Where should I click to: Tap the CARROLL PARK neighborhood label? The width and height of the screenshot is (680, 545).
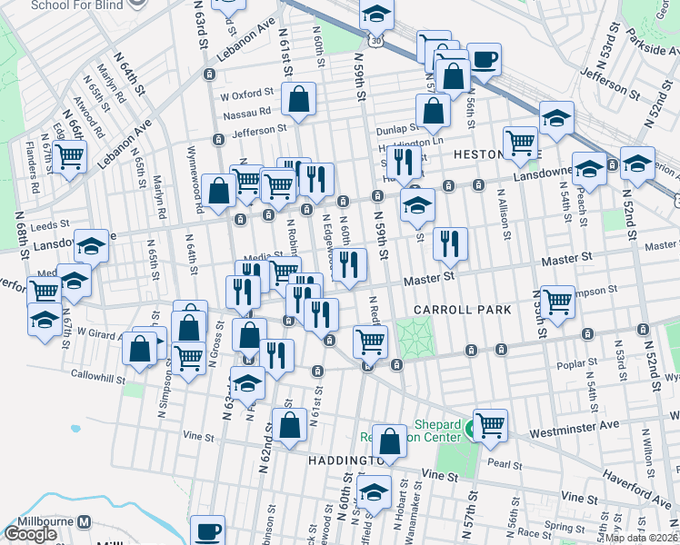tap(462, 310)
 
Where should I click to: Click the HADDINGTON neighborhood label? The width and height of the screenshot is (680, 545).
tap(335, 461)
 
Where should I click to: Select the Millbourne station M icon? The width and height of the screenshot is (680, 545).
tap(85, 522)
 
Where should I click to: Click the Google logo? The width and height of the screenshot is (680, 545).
tap(30, 534)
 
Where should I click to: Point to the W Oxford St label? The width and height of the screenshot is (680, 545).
tap(246, 93)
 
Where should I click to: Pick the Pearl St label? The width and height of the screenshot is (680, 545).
tap(501, 463)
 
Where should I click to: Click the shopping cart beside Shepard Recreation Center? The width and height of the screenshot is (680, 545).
tap(490, 424)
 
